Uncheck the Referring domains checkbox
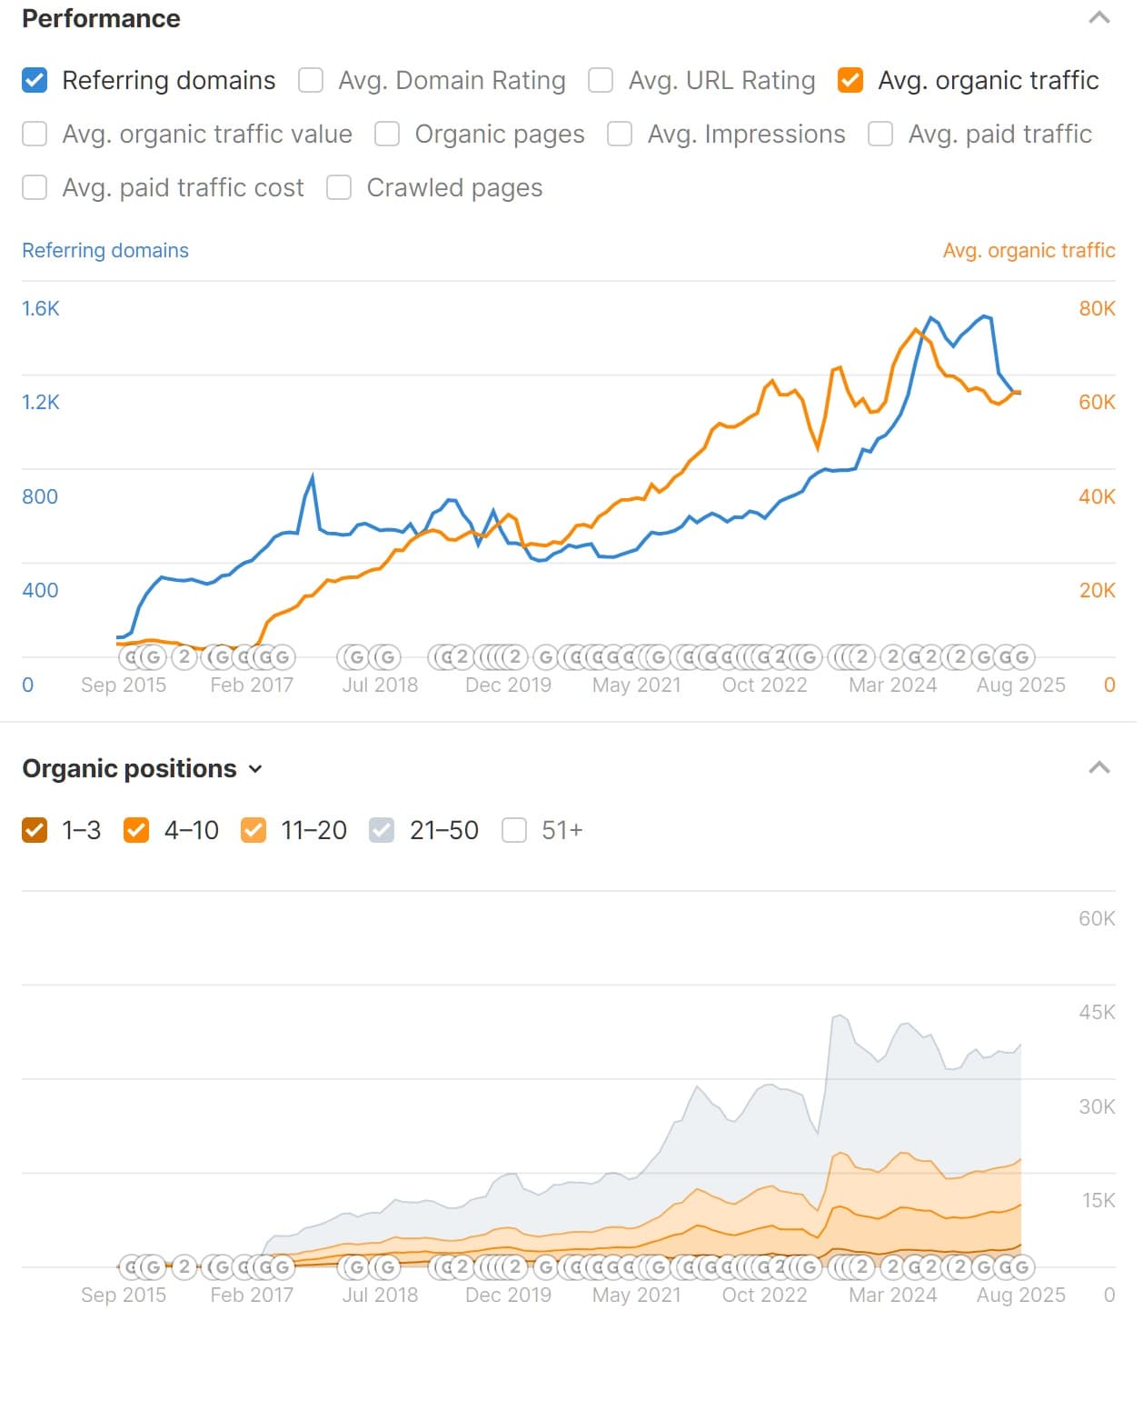point(35,80)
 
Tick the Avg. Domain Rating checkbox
point(311,80)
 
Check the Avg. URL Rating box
point(601,80)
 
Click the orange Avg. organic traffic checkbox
point(850,80)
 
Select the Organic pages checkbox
point(387,134)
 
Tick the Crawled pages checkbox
point(339,187)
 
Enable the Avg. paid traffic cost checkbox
point(35,187)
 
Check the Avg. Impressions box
point(620,134)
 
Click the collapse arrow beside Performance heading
point(1099,18)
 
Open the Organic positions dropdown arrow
point(255,769)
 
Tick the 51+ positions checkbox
point(514,830)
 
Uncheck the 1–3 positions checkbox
point(35,830)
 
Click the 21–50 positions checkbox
point(382,830)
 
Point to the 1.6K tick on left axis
point(41,308)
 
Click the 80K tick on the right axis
point(1097,308)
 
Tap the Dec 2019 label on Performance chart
point(508,685)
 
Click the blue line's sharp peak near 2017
point(313,476)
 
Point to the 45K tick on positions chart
point(1097,1012)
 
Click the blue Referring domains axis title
point(105,250)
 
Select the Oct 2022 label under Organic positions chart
point(764,1295)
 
